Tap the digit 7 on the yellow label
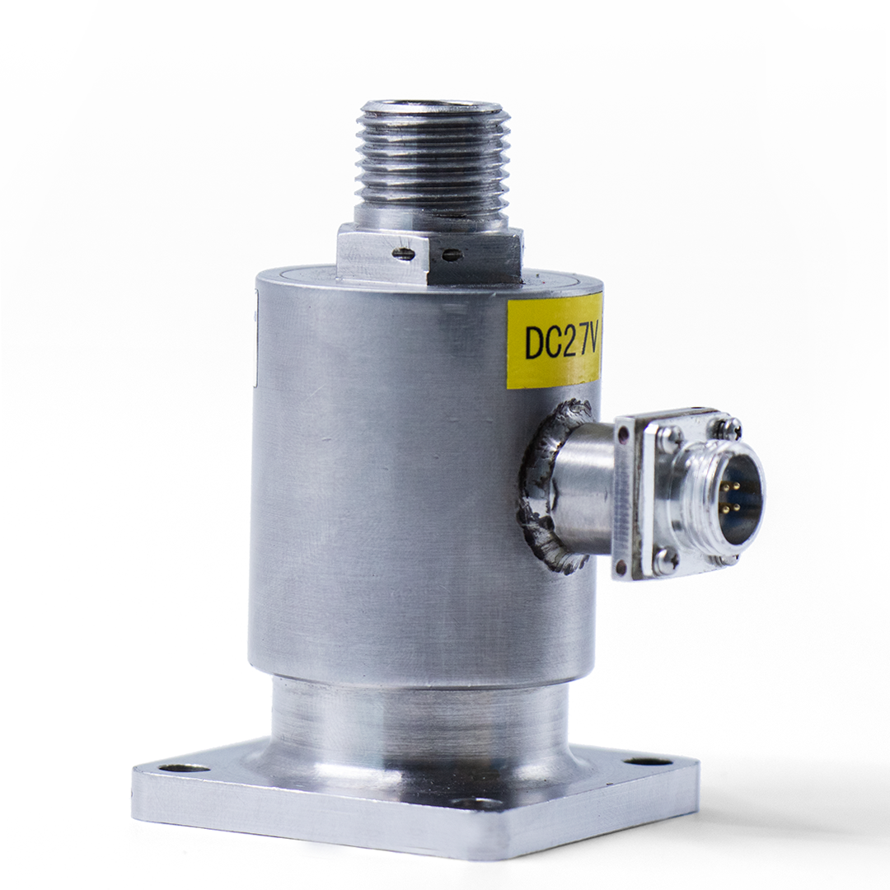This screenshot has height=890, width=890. coord(578,341)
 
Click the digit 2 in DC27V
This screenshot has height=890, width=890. coord(563,342)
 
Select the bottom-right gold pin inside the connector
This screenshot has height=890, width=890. coord(737,506)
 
